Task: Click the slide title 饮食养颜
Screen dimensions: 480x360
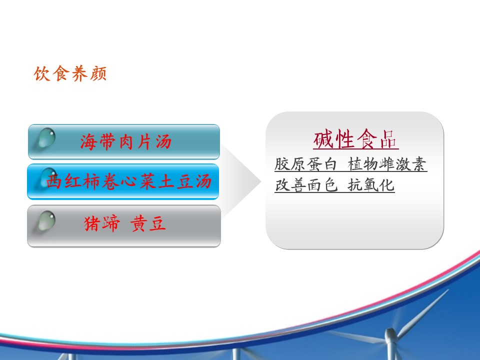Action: tap(70, 74)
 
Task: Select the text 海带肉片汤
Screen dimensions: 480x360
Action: tap(126, 142)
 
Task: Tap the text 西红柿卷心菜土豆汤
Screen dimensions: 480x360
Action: tap(129, 181)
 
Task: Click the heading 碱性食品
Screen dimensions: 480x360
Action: tap(355, 139)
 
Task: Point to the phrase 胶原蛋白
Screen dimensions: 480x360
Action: tap(305, 164)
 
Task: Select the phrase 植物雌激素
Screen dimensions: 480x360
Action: tap(387, 164)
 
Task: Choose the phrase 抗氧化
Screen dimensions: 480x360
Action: tap(370, 185)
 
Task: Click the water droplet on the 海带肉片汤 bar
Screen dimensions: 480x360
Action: tap(46, 137)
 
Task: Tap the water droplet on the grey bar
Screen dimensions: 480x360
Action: tap(46, 220)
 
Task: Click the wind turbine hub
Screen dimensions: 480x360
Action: tap(390, 333)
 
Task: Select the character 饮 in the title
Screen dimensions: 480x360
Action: tap(42, 74)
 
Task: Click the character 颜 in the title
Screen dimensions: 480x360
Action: tap(98, 74)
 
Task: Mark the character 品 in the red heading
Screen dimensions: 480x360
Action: tap(388, 139)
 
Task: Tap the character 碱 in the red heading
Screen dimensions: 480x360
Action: tap(323, 139)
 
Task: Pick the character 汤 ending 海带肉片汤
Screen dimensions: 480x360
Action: tap(163, 142)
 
